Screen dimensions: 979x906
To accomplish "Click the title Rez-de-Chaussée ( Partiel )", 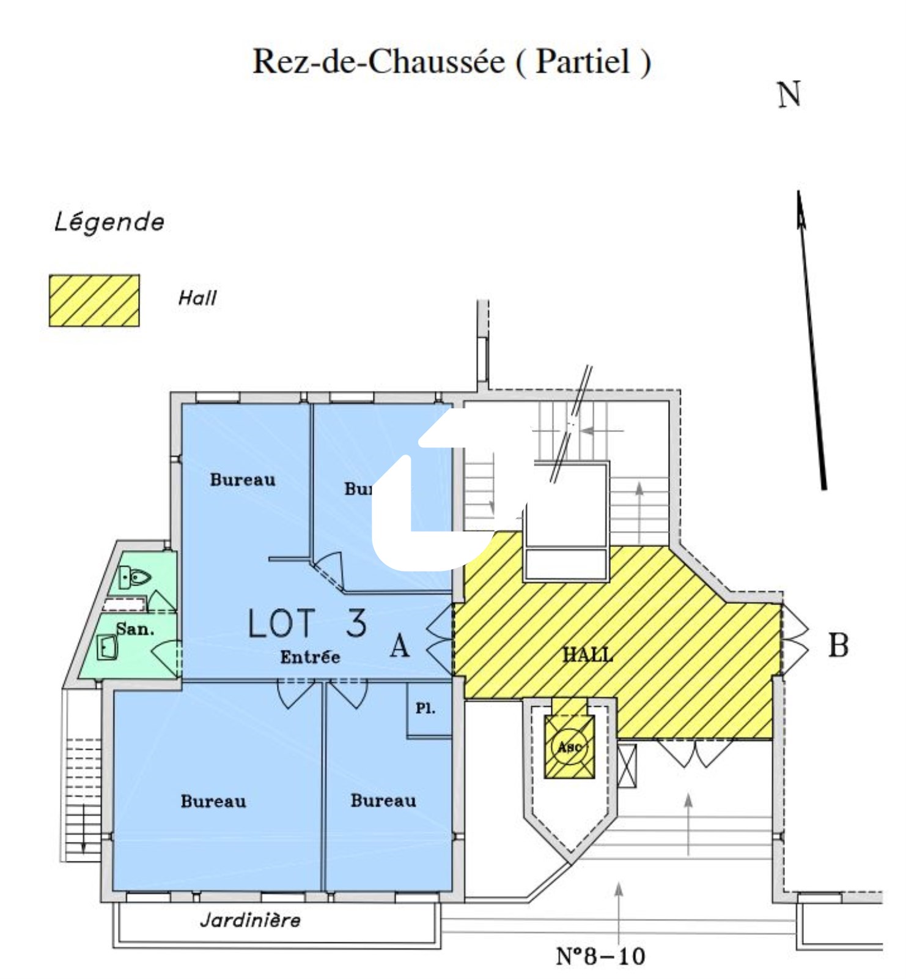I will [452, 62].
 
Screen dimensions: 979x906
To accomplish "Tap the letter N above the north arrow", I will [789, 95].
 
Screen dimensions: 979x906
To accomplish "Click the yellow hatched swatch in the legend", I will [94, 300].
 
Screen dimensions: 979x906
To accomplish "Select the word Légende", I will [109, 222].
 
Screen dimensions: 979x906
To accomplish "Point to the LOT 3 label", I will [307, 624].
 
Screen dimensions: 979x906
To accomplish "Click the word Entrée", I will [310, 657].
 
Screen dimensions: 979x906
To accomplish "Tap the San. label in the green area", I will [135, 628].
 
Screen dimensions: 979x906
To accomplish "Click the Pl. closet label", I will [425, 709].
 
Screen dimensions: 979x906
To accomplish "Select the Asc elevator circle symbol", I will [569, 746].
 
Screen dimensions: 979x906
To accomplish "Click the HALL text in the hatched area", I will [587, 655].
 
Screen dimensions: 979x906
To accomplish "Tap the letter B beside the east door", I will [838, 645].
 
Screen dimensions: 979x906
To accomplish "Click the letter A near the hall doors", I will [400, 645].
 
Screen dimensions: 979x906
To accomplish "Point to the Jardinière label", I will [251, 920].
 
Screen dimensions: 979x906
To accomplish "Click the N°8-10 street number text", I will [600, 956].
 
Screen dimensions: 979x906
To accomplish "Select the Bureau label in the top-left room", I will [243, 480].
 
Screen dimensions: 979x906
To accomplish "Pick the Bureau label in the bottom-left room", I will [213, 802].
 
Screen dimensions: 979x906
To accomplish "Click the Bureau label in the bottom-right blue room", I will [383, 801].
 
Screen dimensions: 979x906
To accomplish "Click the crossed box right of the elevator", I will [627, 765].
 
